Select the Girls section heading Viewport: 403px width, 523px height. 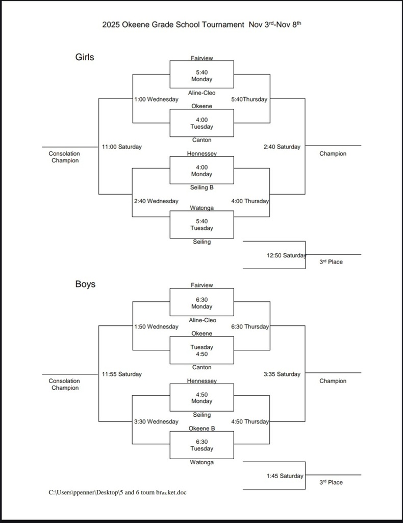(x=85, y=57)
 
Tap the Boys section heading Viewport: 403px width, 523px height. (x=85, y=284)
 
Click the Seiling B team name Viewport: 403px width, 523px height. (x=202, y=187)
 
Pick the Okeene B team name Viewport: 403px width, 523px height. (x=202, y=428)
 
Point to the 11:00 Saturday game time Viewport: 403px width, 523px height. (x=121, y=147)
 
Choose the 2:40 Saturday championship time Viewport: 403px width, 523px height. (x=282, y=147)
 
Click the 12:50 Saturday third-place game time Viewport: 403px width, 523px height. (x=286, y=255)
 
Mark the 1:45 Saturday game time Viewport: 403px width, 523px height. (x=285, y=476)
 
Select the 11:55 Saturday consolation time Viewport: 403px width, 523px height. (x=121, y=374)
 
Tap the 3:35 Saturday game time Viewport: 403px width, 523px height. (x=282, y=374)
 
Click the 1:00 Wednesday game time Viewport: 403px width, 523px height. (x=156, y=100)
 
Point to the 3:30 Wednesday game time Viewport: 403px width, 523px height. (x=156, y=422)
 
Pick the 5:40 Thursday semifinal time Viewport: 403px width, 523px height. (x=249, y=100)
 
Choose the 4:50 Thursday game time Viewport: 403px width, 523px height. (x=249, y=422)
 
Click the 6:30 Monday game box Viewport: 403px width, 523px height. (x=202, y=303)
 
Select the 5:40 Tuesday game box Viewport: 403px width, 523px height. (x=202, y=225)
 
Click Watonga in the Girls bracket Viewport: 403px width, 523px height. (x=202, y=208)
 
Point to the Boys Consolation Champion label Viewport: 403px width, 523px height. (x=64, y=384)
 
